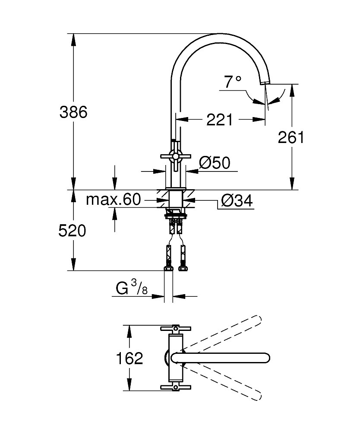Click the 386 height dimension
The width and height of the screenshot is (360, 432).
point(73,112)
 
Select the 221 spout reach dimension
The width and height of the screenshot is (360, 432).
point(219,120)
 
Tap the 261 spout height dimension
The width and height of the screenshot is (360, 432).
point(291,137)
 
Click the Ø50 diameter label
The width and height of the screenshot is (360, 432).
point(215,163)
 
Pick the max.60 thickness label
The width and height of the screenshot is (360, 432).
point(114,200)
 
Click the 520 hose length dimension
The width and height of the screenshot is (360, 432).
point(72,231)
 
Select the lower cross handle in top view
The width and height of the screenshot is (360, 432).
point(175,387)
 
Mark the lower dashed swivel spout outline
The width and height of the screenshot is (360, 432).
point(224,382)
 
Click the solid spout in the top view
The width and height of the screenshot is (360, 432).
point(220,358)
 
